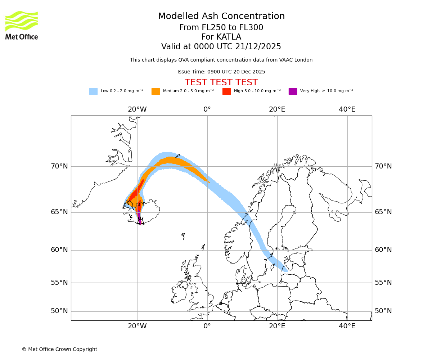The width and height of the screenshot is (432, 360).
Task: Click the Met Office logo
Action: [22, 25]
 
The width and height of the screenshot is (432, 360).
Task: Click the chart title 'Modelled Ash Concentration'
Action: [221, 17]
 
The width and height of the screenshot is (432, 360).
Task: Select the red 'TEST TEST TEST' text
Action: [221, 82]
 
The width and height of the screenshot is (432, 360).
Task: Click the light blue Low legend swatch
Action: [93, 91]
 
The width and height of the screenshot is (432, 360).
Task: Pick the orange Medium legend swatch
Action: [156, 91]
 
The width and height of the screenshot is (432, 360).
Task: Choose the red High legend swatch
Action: [226, 91]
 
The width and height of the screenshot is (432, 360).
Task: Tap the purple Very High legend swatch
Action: [293, 91]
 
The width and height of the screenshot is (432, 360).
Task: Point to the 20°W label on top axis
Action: [137, 109]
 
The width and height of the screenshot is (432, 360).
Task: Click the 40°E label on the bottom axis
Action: [347, 326]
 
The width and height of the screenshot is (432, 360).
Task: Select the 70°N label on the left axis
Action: [59, 166]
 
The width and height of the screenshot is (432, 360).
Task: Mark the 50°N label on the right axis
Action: [383, 311]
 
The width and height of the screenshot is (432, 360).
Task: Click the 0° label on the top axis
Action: [207, 109]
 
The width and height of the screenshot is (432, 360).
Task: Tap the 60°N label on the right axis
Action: [383, 250]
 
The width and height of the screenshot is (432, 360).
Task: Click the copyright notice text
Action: [59, 349]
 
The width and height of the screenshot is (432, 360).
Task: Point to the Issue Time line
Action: [221, 72]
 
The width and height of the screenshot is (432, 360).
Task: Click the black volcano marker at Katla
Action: [140, 221]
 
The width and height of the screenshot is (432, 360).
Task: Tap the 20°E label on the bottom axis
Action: [277, 326]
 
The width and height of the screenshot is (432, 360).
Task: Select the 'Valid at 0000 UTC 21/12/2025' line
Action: [221, 47]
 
